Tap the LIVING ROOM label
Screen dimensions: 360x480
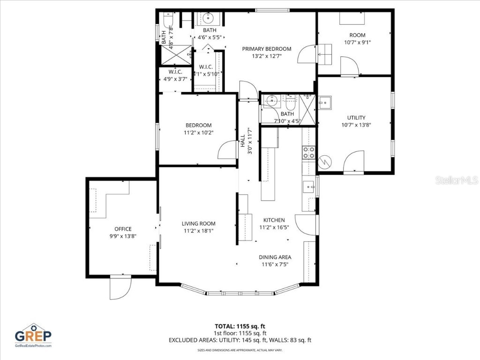click(x=199, y=224)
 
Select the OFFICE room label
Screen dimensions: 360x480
click(x=123, y=229)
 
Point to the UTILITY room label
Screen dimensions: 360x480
click(x=356, y=118)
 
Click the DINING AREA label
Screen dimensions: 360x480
click(x=275, y=257)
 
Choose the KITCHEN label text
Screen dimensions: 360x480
click(x=274, y=220)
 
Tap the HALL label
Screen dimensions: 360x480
click(x=243, y=142)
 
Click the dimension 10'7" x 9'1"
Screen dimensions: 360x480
click(x=357, y=42)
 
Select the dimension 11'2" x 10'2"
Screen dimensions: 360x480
click(x=198, y=133)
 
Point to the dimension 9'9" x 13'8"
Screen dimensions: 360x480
click(x=123, y=236)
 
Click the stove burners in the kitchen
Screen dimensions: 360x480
click(x=309, y=152)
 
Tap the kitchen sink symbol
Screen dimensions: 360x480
click(x=309, y=187)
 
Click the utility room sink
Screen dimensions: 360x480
click(x=325, y=102)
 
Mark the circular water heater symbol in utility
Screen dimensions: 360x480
click(x=325, y=162)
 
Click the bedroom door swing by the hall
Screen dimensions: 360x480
click(x=227, y=150)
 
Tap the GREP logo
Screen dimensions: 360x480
click(x=33, y=335)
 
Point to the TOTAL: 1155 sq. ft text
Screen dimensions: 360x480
click(x=240, y=326)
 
